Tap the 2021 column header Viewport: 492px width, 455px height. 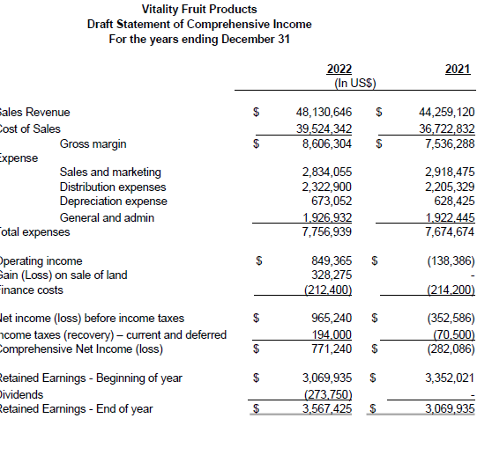(x=458, y=70)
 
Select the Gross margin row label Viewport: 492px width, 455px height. (x=93, y=143)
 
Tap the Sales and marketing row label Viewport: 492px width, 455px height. (x=109, y=172)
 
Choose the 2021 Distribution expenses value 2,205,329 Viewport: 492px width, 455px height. (x=450, y=187)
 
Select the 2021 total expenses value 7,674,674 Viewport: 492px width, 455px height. (x=450, y=232)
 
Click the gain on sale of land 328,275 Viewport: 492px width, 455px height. (x=332, y=275)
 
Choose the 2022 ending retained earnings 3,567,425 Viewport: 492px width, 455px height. (x=327, y=408)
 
